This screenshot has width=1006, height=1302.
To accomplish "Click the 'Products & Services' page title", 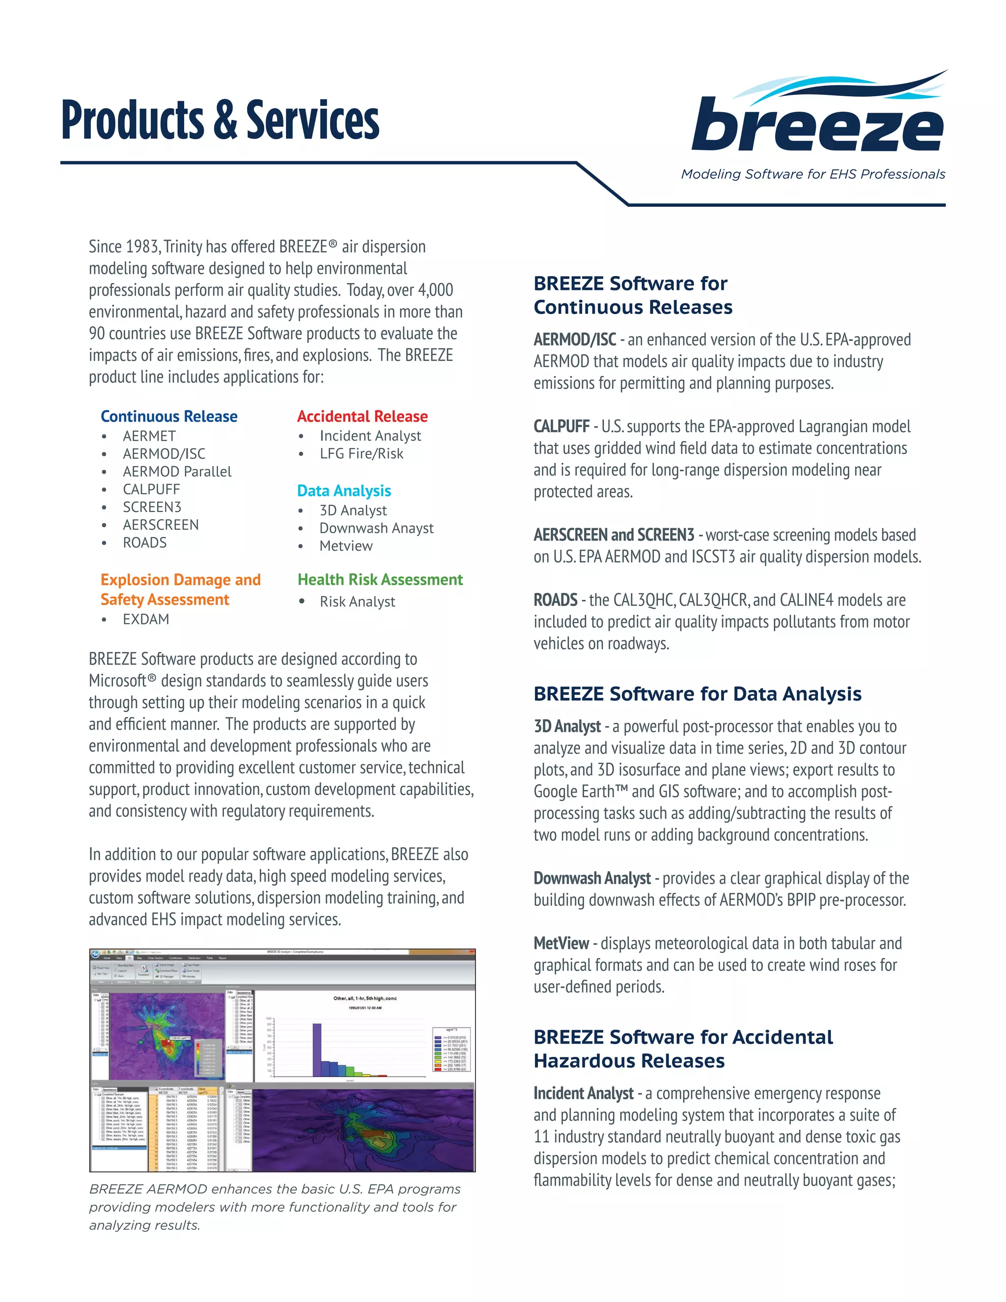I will coord(220,120).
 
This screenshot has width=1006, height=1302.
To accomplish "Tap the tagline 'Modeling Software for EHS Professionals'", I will coord(813,174).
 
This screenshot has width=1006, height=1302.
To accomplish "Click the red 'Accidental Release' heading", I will coord(363,416).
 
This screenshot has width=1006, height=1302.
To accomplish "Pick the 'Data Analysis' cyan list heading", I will coord(344,491).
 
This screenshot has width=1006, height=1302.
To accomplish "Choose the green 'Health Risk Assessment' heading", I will coord(380,579).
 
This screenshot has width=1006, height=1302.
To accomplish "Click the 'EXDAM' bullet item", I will coord(146,620).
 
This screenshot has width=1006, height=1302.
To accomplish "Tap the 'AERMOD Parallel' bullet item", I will coord(177,472).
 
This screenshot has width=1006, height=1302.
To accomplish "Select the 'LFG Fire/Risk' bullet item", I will coord(361,453).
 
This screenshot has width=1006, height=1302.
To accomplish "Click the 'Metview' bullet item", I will coord(346,546).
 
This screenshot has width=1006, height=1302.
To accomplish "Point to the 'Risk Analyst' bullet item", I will coord(357,601).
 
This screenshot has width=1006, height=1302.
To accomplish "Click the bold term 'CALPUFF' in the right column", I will coord(561,426).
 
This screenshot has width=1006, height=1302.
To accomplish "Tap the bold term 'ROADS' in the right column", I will coord(556,600).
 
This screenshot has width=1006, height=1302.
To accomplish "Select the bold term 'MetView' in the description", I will coord(561,943).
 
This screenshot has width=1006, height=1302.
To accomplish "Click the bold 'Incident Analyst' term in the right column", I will coord(583,1093).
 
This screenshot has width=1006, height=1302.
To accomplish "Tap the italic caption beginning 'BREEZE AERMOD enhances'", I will coord(274,1207).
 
